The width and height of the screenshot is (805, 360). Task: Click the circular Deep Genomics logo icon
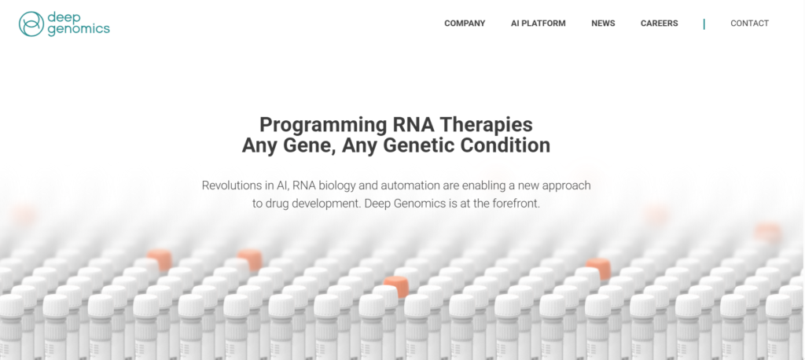(31, 24)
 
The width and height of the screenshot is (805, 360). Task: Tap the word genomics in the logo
(79, 30)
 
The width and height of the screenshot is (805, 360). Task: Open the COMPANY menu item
(465, 23)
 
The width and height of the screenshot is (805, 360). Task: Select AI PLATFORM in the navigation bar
(538, 23)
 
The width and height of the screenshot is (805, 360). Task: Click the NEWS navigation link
(603, 23)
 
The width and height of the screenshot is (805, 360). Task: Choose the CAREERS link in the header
(660, 23)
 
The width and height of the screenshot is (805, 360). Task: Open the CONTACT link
(749, 23)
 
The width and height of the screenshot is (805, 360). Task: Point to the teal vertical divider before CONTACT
(704, 24)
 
